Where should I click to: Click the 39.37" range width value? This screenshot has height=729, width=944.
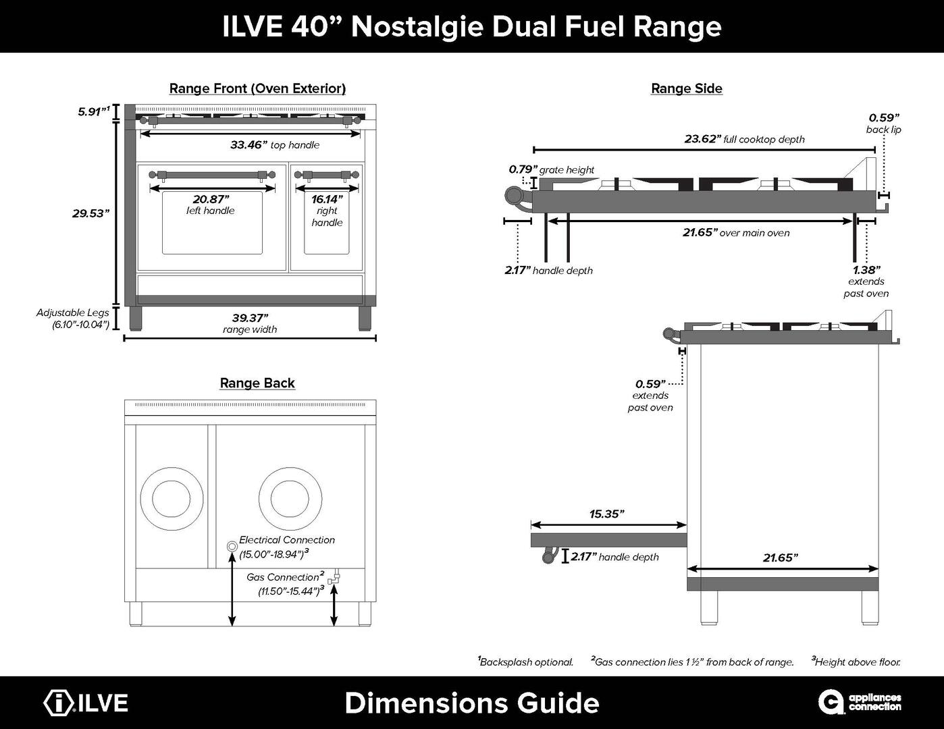[250, 318]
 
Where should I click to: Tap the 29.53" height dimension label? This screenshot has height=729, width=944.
[90, 213]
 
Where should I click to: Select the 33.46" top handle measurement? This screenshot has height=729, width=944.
[248, 144]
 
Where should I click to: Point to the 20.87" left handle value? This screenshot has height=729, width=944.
[211, 199]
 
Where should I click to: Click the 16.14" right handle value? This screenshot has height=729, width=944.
[327, 199]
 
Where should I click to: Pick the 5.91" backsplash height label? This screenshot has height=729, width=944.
[93, 111]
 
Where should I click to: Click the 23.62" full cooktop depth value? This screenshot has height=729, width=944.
[702, 139]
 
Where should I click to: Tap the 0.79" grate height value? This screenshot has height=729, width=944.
[523, 169]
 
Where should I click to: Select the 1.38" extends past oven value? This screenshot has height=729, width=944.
[866, 270]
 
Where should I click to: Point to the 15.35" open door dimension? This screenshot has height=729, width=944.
[606, 514]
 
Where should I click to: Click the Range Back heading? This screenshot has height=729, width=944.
[257, 383]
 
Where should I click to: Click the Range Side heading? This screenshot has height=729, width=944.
[686, 88]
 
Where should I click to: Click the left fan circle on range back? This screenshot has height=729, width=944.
[172, 499]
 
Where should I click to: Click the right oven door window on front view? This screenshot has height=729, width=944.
[327, 223]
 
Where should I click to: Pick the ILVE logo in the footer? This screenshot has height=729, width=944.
[86, 703]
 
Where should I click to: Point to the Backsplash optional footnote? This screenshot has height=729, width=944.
[525, 661]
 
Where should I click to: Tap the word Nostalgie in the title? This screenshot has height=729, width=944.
[417, 26]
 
